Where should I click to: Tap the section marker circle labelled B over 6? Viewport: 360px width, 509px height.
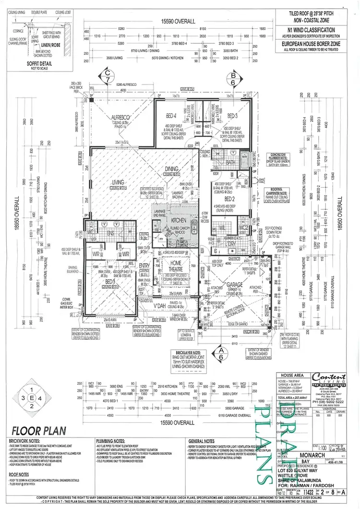[x=234, y=79]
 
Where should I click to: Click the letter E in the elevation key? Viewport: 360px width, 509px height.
[x=32, y=398]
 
